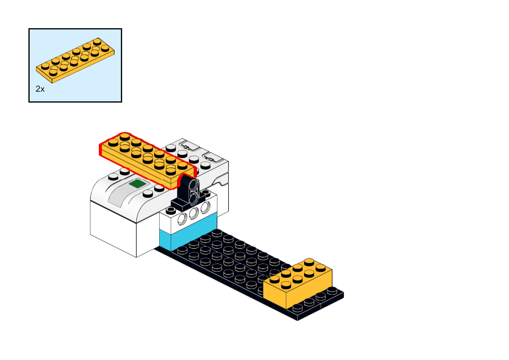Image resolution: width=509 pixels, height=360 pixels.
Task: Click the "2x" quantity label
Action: click(x=40, y=89)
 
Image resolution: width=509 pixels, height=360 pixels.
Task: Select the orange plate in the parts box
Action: click(x=75, y=60)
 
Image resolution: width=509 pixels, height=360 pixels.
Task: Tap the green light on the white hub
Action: click(x=138, y=184)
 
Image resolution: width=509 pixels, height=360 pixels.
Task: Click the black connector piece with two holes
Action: click(x=187, y=194)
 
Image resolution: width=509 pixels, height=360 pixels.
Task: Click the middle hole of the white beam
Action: click(x=194, y=214)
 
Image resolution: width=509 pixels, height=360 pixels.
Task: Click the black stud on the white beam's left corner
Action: click(x=171, y=210)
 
